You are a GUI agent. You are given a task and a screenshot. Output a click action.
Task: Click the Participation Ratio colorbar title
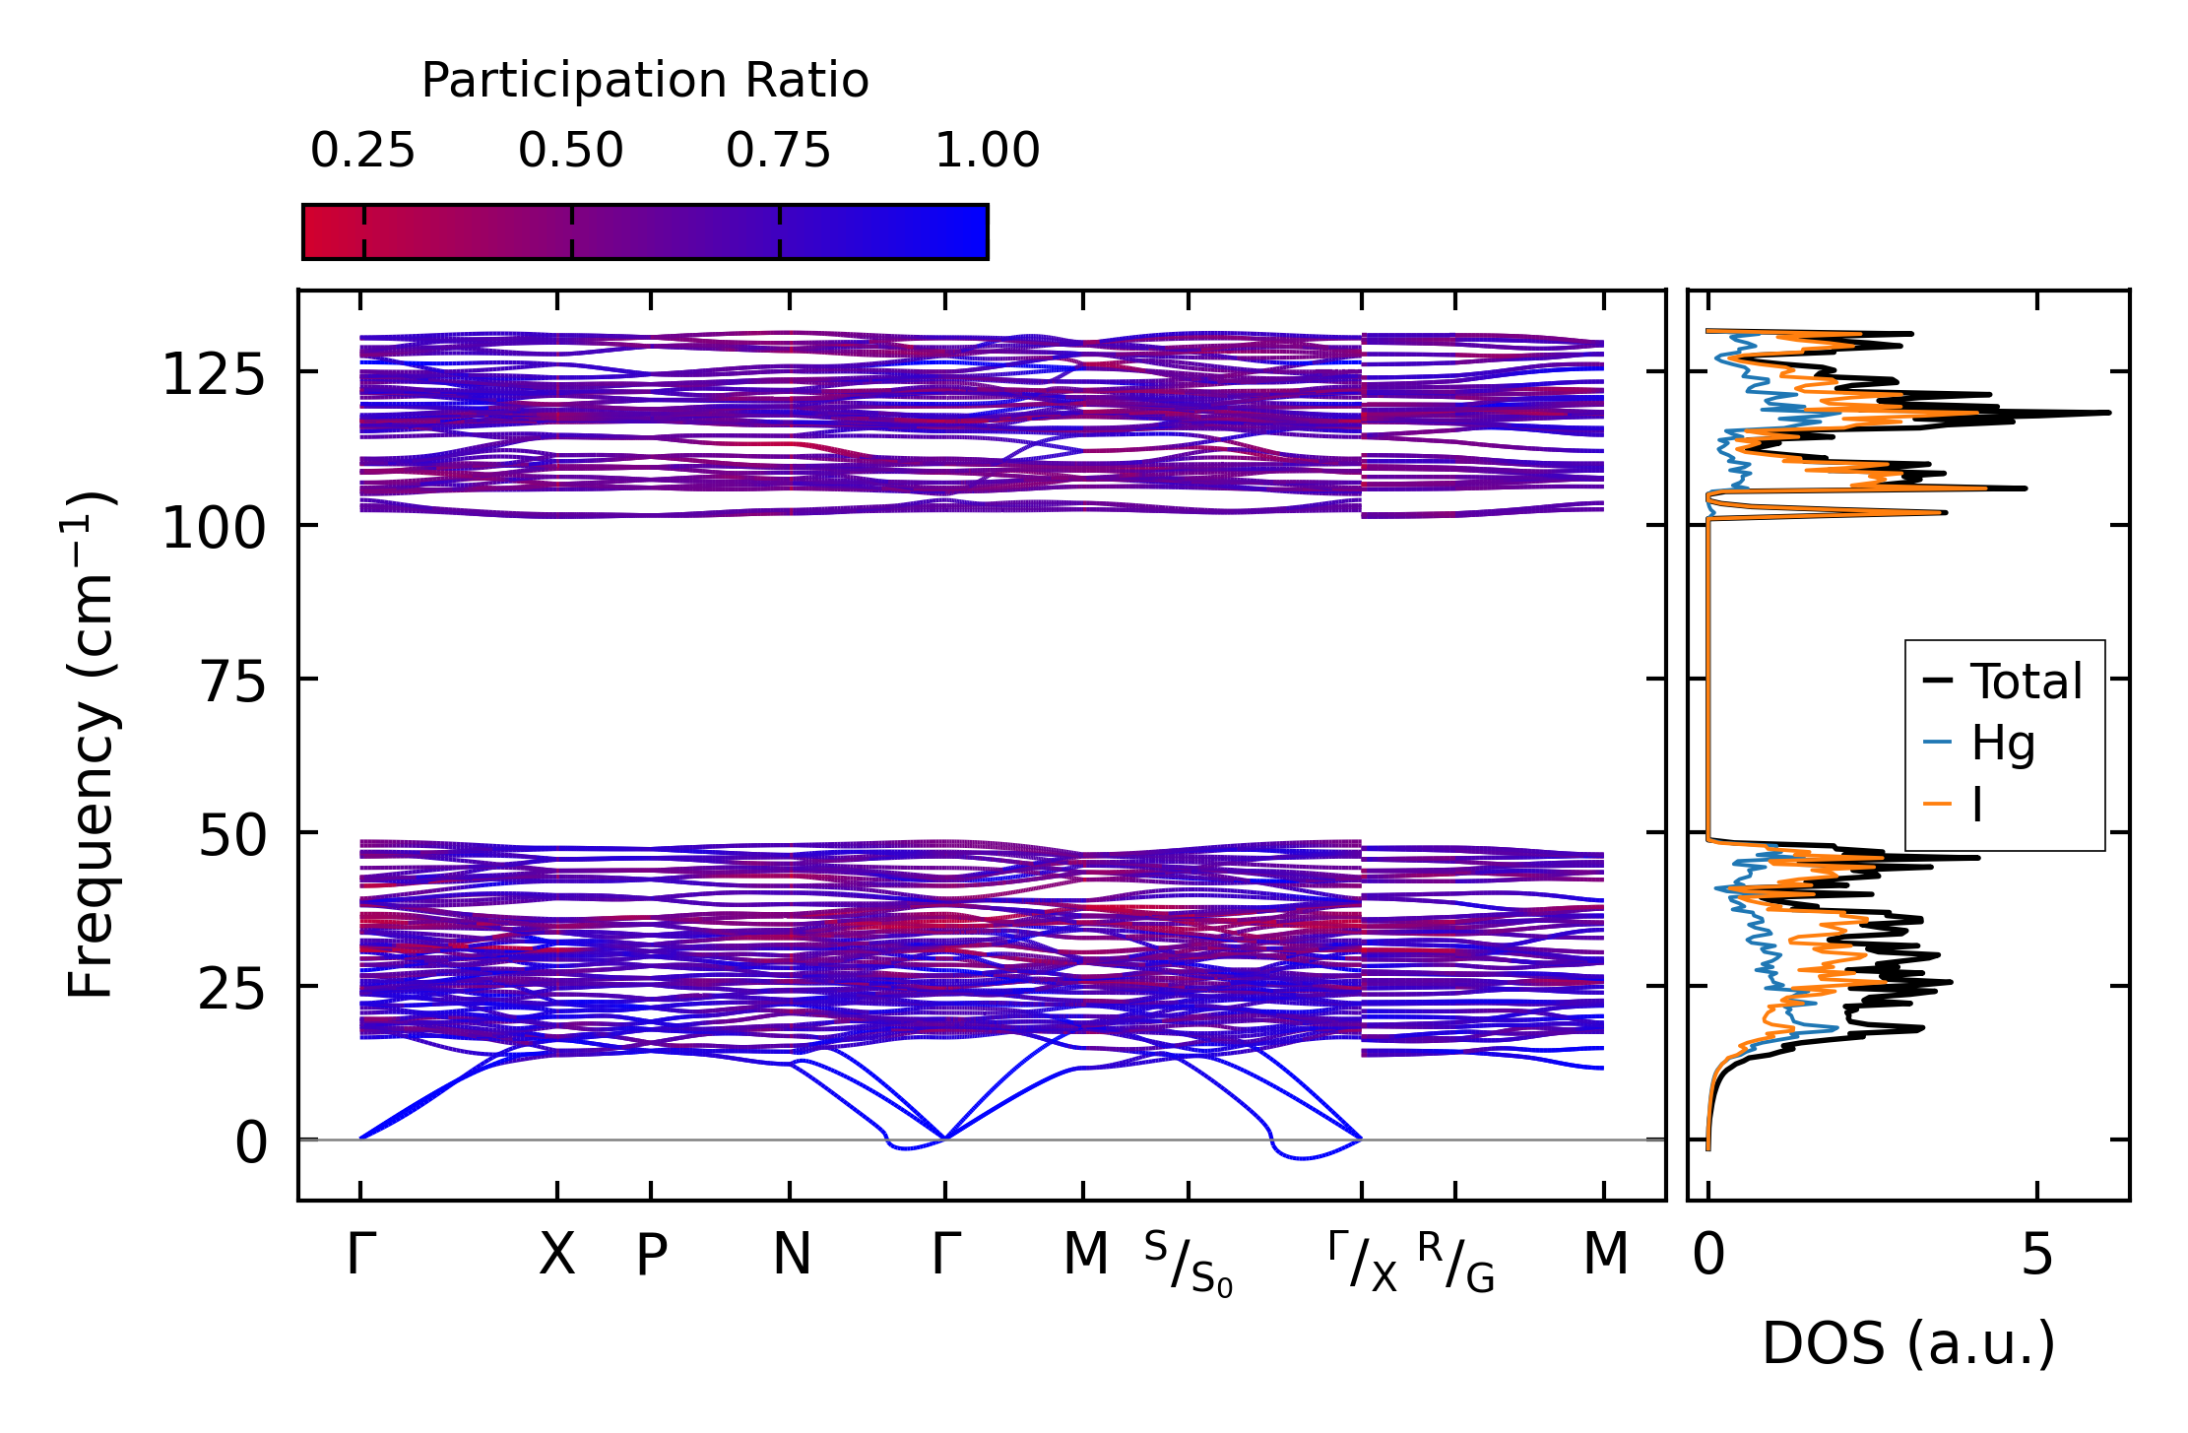[x=645, y=80]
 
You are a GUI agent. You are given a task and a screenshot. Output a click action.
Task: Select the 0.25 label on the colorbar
[x=362, y=151]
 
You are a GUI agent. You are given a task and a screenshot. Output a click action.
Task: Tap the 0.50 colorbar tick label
[x=571, y=151]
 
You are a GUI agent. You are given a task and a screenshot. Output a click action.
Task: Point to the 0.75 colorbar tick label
[x=779, y=151]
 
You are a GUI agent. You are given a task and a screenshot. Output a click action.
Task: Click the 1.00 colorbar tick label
[x=987, y=151]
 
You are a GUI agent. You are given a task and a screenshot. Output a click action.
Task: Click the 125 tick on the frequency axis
[x=214, y=375]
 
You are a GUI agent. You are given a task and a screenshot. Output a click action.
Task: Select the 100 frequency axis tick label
[x=214, y=529]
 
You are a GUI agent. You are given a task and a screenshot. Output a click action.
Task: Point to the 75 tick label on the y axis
[x=232, y=683]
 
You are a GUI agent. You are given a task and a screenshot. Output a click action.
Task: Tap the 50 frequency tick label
[x=232, y=836]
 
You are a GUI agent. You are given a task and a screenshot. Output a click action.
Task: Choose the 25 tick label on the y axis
[x=232, y=990]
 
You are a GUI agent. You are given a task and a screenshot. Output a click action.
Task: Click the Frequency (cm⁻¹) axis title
[x=91, y=745]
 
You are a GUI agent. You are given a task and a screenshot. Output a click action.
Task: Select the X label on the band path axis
[x=556, y=1255]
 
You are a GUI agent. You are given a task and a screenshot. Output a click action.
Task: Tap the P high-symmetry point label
[x=651, y=1255]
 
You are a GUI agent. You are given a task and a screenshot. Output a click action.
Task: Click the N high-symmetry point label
[x=792, y=1255]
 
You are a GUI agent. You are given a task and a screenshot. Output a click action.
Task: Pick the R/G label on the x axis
[x=1456, y=1263]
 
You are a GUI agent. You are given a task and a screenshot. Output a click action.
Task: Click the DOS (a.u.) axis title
[x=1908, y=1344]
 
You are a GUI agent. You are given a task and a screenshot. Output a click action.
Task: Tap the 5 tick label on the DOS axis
[x=2037, y=1255]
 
